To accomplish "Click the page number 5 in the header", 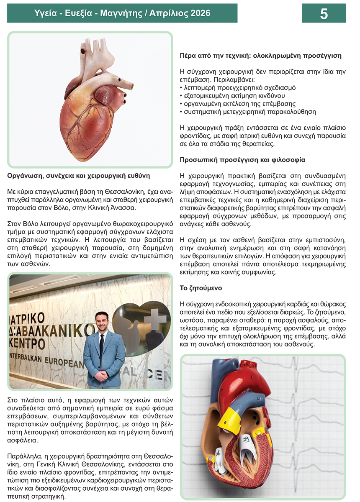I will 324,13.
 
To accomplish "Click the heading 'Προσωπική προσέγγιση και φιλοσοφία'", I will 242,160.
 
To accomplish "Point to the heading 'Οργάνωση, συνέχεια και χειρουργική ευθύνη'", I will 79,176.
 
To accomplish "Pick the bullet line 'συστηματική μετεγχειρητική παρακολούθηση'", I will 247,112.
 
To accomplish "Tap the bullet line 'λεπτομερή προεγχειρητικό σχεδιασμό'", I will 237,88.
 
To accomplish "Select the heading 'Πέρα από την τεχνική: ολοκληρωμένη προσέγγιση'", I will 260,55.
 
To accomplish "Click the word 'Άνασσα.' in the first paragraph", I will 136,207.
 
